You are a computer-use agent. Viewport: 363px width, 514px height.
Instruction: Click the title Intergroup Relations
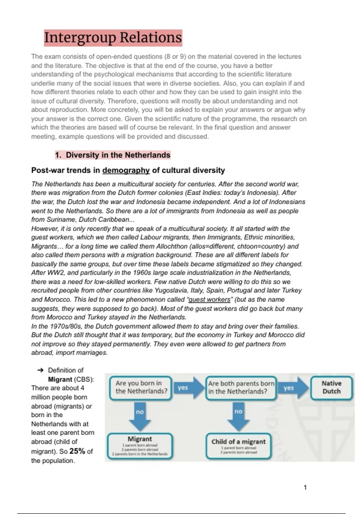tap(113, 38)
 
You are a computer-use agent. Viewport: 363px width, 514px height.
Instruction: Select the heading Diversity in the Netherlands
tap(113, 155)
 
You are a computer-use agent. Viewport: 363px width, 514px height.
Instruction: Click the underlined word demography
tap(126, 170)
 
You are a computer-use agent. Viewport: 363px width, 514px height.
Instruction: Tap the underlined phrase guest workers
tap(209, 299)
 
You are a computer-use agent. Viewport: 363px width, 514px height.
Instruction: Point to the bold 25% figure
tap(77, 451)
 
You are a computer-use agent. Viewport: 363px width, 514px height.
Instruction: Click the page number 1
tap(305, 487)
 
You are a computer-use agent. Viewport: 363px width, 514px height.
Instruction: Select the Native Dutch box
tap(331, 387)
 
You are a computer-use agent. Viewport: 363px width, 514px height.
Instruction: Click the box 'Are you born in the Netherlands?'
tap(141, 387)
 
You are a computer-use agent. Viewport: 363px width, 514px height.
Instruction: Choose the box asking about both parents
tap(241, 387)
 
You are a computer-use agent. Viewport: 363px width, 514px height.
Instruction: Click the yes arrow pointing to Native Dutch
tap(291, 388)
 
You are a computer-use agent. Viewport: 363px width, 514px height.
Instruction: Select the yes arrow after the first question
tap(186, 388)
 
